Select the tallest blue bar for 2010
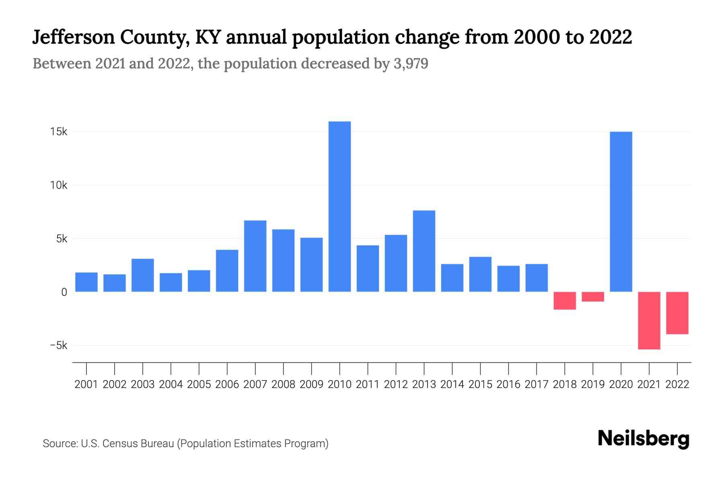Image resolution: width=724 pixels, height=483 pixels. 339,206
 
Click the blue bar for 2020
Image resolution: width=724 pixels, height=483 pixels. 621,212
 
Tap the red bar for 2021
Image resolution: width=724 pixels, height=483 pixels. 649,320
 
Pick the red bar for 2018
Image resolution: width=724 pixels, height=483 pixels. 565,301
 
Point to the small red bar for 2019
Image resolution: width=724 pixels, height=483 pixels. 593,297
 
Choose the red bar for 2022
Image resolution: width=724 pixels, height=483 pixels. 677,313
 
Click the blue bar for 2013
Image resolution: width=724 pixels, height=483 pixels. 424,251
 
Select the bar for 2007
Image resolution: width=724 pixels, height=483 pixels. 255,256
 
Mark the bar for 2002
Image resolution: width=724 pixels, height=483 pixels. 115,283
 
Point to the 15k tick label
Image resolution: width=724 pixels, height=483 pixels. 59,132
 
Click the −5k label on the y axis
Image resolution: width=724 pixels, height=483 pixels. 59,345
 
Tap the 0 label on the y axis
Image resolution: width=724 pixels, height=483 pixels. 64,292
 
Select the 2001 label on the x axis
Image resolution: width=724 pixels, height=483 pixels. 86,384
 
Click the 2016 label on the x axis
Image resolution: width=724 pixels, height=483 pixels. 508,384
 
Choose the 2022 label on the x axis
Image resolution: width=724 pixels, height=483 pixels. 677,384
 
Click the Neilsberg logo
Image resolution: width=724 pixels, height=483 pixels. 644,439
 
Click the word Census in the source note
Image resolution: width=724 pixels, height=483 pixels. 118,444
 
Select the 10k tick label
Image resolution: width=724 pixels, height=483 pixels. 59,185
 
